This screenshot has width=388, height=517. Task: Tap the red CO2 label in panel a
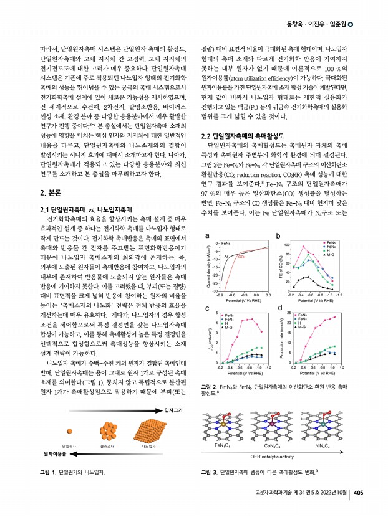click(x=241, y=257)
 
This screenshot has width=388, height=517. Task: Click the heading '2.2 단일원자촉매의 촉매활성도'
click(x=243, y=136)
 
